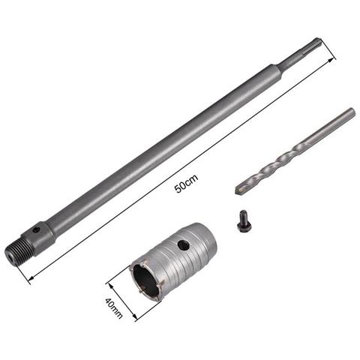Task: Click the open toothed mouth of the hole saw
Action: point(147,279)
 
